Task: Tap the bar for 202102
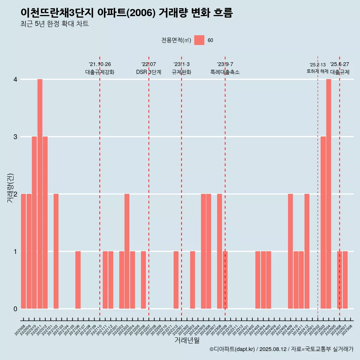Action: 56,251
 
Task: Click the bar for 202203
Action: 127,251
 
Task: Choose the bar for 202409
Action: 290,251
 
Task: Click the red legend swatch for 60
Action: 199,40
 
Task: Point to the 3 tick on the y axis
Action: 15,136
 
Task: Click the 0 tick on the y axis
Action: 15,309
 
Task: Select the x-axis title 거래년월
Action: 187,340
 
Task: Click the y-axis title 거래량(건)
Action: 10,188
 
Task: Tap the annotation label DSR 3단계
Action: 148,72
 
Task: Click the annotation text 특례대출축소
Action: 225,72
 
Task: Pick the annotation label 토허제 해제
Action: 317,71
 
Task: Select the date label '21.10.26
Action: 100,64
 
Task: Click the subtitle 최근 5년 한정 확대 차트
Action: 55,24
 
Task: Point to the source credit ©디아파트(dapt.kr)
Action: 232,349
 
